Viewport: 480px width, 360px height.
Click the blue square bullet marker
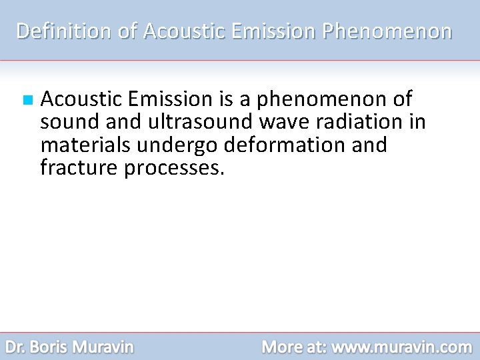pyautogui.click(x=27, y=101)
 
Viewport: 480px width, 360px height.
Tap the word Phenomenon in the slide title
pyautogui.click(x=387, y=31)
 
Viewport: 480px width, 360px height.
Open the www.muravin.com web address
pyautogui.click(x=401, y=347)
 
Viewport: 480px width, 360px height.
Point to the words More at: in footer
pyautogui.click(x=293, y=347)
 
